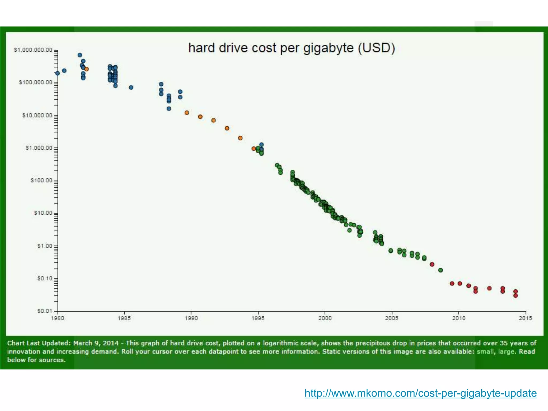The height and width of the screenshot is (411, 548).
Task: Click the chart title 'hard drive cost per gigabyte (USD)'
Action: point(291,48)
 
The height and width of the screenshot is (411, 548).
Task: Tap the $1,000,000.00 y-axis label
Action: point(33,50)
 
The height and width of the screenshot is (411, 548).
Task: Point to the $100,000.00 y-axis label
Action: point(36,82)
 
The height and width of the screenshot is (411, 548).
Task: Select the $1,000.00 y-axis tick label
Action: point(39,148)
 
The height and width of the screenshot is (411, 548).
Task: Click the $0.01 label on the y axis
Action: point(45,311)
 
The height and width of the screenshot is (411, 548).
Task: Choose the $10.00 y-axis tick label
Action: point(43,213)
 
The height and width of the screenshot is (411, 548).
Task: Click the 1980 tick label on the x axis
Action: point(58,318)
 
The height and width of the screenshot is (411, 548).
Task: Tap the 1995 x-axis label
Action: point(258,318)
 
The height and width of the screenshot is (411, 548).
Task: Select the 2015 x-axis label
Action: point(526,318)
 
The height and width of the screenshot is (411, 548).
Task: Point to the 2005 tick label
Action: point(392,318)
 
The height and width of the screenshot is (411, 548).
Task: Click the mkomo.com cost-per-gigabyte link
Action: point(420,393)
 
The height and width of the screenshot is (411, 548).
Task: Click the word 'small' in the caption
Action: point(485,351)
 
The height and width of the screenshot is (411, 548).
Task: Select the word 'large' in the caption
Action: point(506,351)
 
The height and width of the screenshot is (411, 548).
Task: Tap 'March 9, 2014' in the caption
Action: point(96,343)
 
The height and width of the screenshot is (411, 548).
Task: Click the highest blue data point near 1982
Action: point(80,55)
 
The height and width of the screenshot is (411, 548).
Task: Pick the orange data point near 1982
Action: point(86,69)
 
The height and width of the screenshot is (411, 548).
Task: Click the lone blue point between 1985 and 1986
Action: point(131,87)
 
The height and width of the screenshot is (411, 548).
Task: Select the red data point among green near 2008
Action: point(432,264)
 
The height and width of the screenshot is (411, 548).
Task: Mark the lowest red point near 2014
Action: point(516,295)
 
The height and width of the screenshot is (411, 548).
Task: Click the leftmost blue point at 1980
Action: point(58,73)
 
